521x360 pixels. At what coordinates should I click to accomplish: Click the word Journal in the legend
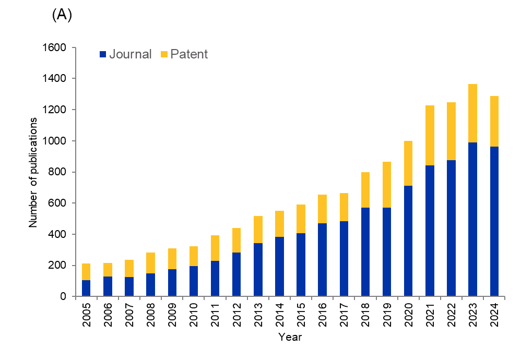[130, 54]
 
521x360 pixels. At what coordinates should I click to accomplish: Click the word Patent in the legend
[189, 54]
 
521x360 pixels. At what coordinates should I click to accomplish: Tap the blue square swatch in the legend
[103, 54]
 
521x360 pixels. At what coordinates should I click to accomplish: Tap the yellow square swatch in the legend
[164, 54]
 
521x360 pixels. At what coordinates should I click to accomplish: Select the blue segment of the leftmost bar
[86, 288]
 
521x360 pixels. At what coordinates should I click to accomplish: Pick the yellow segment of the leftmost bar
[86, 272]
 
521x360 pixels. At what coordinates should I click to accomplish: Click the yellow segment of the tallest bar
[472, 113]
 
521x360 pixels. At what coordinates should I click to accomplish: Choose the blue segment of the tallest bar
[472, 219]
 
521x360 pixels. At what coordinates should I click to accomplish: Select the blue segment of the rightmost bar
[494, 221]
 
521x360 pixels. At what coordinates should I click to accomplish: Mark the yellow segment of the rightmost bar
[494, 122]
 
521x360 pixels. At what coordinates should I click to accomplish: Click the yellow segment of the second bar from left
[108, 270]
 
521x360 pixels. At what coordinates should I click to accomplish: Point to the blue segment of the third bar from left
[129, 286]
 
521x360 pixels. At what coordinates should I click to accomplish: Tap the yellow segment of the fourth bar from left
[150, 263]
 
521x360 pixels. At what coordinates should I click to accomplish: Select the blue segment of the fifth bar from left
[172, 282]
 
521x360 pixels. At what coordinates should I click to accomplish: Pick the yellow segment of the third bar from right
[451, 131]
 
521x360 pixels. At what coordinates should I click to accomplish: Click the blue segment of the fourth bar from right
[430, 231]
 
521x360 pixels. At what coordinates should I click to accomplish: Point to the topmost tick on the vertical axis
[74, 47]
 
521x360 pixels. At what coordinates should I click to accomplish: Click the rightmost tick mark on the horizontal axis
[504, 298]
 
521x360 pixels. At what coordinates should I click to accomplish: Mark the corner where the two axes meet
[76, 296]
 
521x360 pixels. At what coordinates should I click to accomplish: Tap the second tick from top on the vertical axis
[74, 79]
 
